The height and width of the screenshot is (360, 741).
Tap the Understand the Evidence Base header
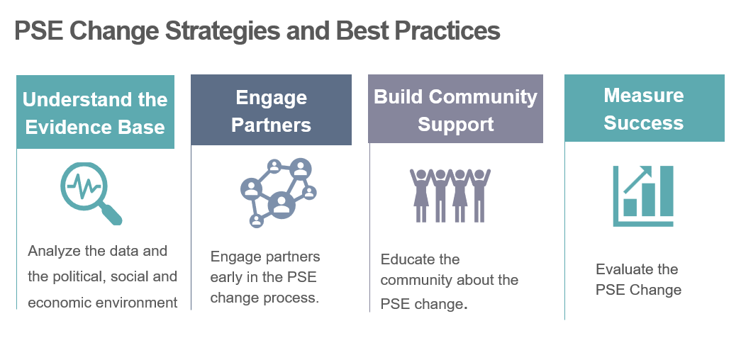click(x=96, y=112)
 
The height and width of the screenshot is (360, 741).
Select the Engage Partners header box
click(x=272, y=110)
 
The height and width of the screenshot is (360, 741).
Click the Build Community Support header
click(x=455, y=108)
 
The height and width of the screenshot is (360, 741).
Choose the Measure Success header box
click(x=645, y=108)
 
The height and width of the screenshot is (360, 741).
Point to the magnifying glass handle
click(x=111, y=214)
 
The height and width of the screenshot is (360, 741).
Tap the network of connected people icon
click(x=279, y=193)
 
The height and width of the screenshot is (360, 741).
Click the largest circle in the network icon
click(x=282, y=205)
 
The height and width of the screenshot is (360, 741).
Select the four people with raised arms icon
click(x=450, y=195)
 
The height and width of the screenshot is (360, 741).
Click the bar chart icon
click(x=643, y=196)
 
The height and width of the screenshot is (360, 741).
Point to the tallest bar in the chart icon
click(x=667, y=191)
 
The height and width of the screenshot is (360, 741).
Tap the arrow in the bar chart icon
click(x=637, y=179)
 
